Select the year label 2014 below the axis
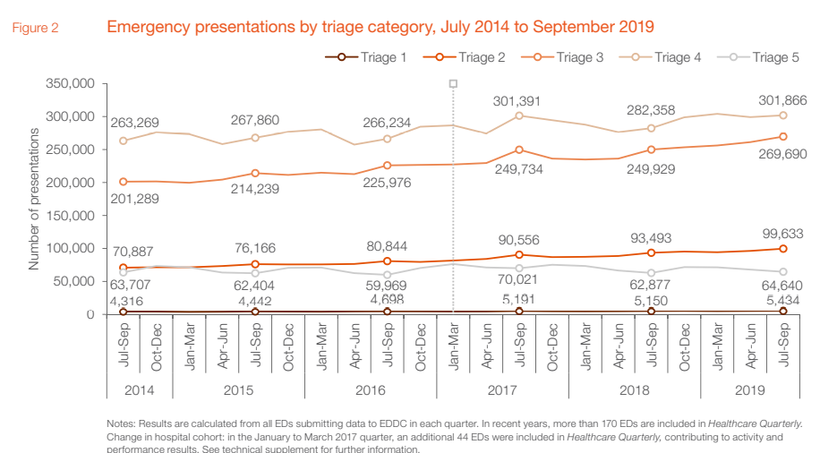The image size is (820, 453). coord(140,391)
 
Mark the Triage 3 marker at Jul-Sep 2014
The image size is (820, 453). coord(123,182)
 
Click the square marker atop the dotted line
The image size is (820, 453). coord(453,83)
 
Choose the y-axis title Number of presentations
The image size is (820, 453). coord(34,199)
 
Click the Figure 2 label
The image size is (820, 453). coord(36,28)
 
